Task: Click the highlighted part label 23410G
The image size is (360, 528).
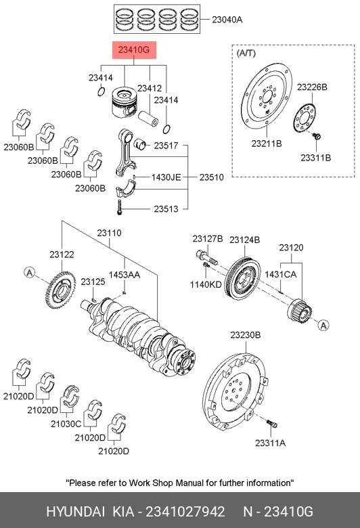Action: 134,50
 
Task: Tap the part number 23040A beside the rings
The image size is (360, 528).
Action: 227,20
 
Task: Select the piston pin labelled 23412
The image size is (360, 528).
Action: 148,118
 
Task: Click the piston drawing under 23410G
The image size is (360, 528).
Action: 125,104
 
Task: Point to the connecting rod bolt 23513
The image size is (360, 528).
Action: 118,207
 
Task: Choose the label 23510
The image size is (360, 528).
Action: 212,177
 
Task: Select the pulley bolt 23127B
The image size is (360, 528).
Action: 206,257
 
